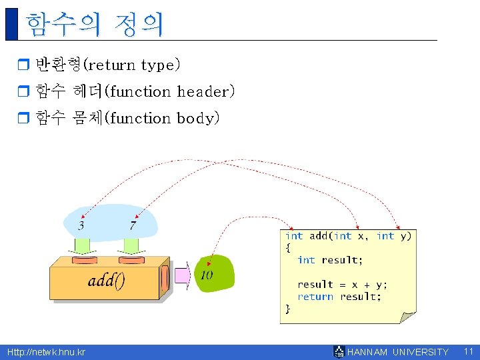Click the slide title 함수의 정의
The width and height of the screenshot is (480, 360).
pos(94,24)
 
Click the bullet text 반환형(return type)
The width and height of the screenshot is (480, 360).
pos(107,65)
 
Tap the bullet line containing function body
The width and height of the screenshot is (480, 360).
pos(127,118)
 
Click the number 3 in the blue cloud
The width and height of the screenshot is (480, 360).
pos(81,226)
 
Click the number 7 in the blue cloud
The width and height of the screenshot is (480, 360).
pos(133,226)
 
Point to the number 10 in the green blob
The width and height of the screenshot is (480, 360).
pos(207,275)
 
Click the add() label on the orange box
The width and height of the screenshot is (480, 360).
pos(107,280)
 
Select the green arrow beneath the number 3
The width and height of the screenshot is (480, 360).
pos(84,245)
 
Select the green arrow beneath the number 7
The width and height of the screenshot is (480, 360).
pos(131,245)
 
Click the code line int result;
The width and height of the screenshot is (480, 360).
pos(330,260)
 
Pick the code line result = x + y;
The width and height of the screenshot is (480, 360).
pos(342,284)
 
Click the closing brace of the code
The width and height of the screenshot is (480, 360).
pos(288,309)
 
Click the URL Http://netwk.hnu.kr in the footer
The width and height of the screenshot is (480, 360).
pos(46,351)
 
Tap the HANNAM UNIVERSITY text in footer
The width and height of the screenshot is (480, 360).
pos(398,352)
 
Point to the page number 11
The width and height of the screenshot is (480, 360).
pos(468,351)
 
